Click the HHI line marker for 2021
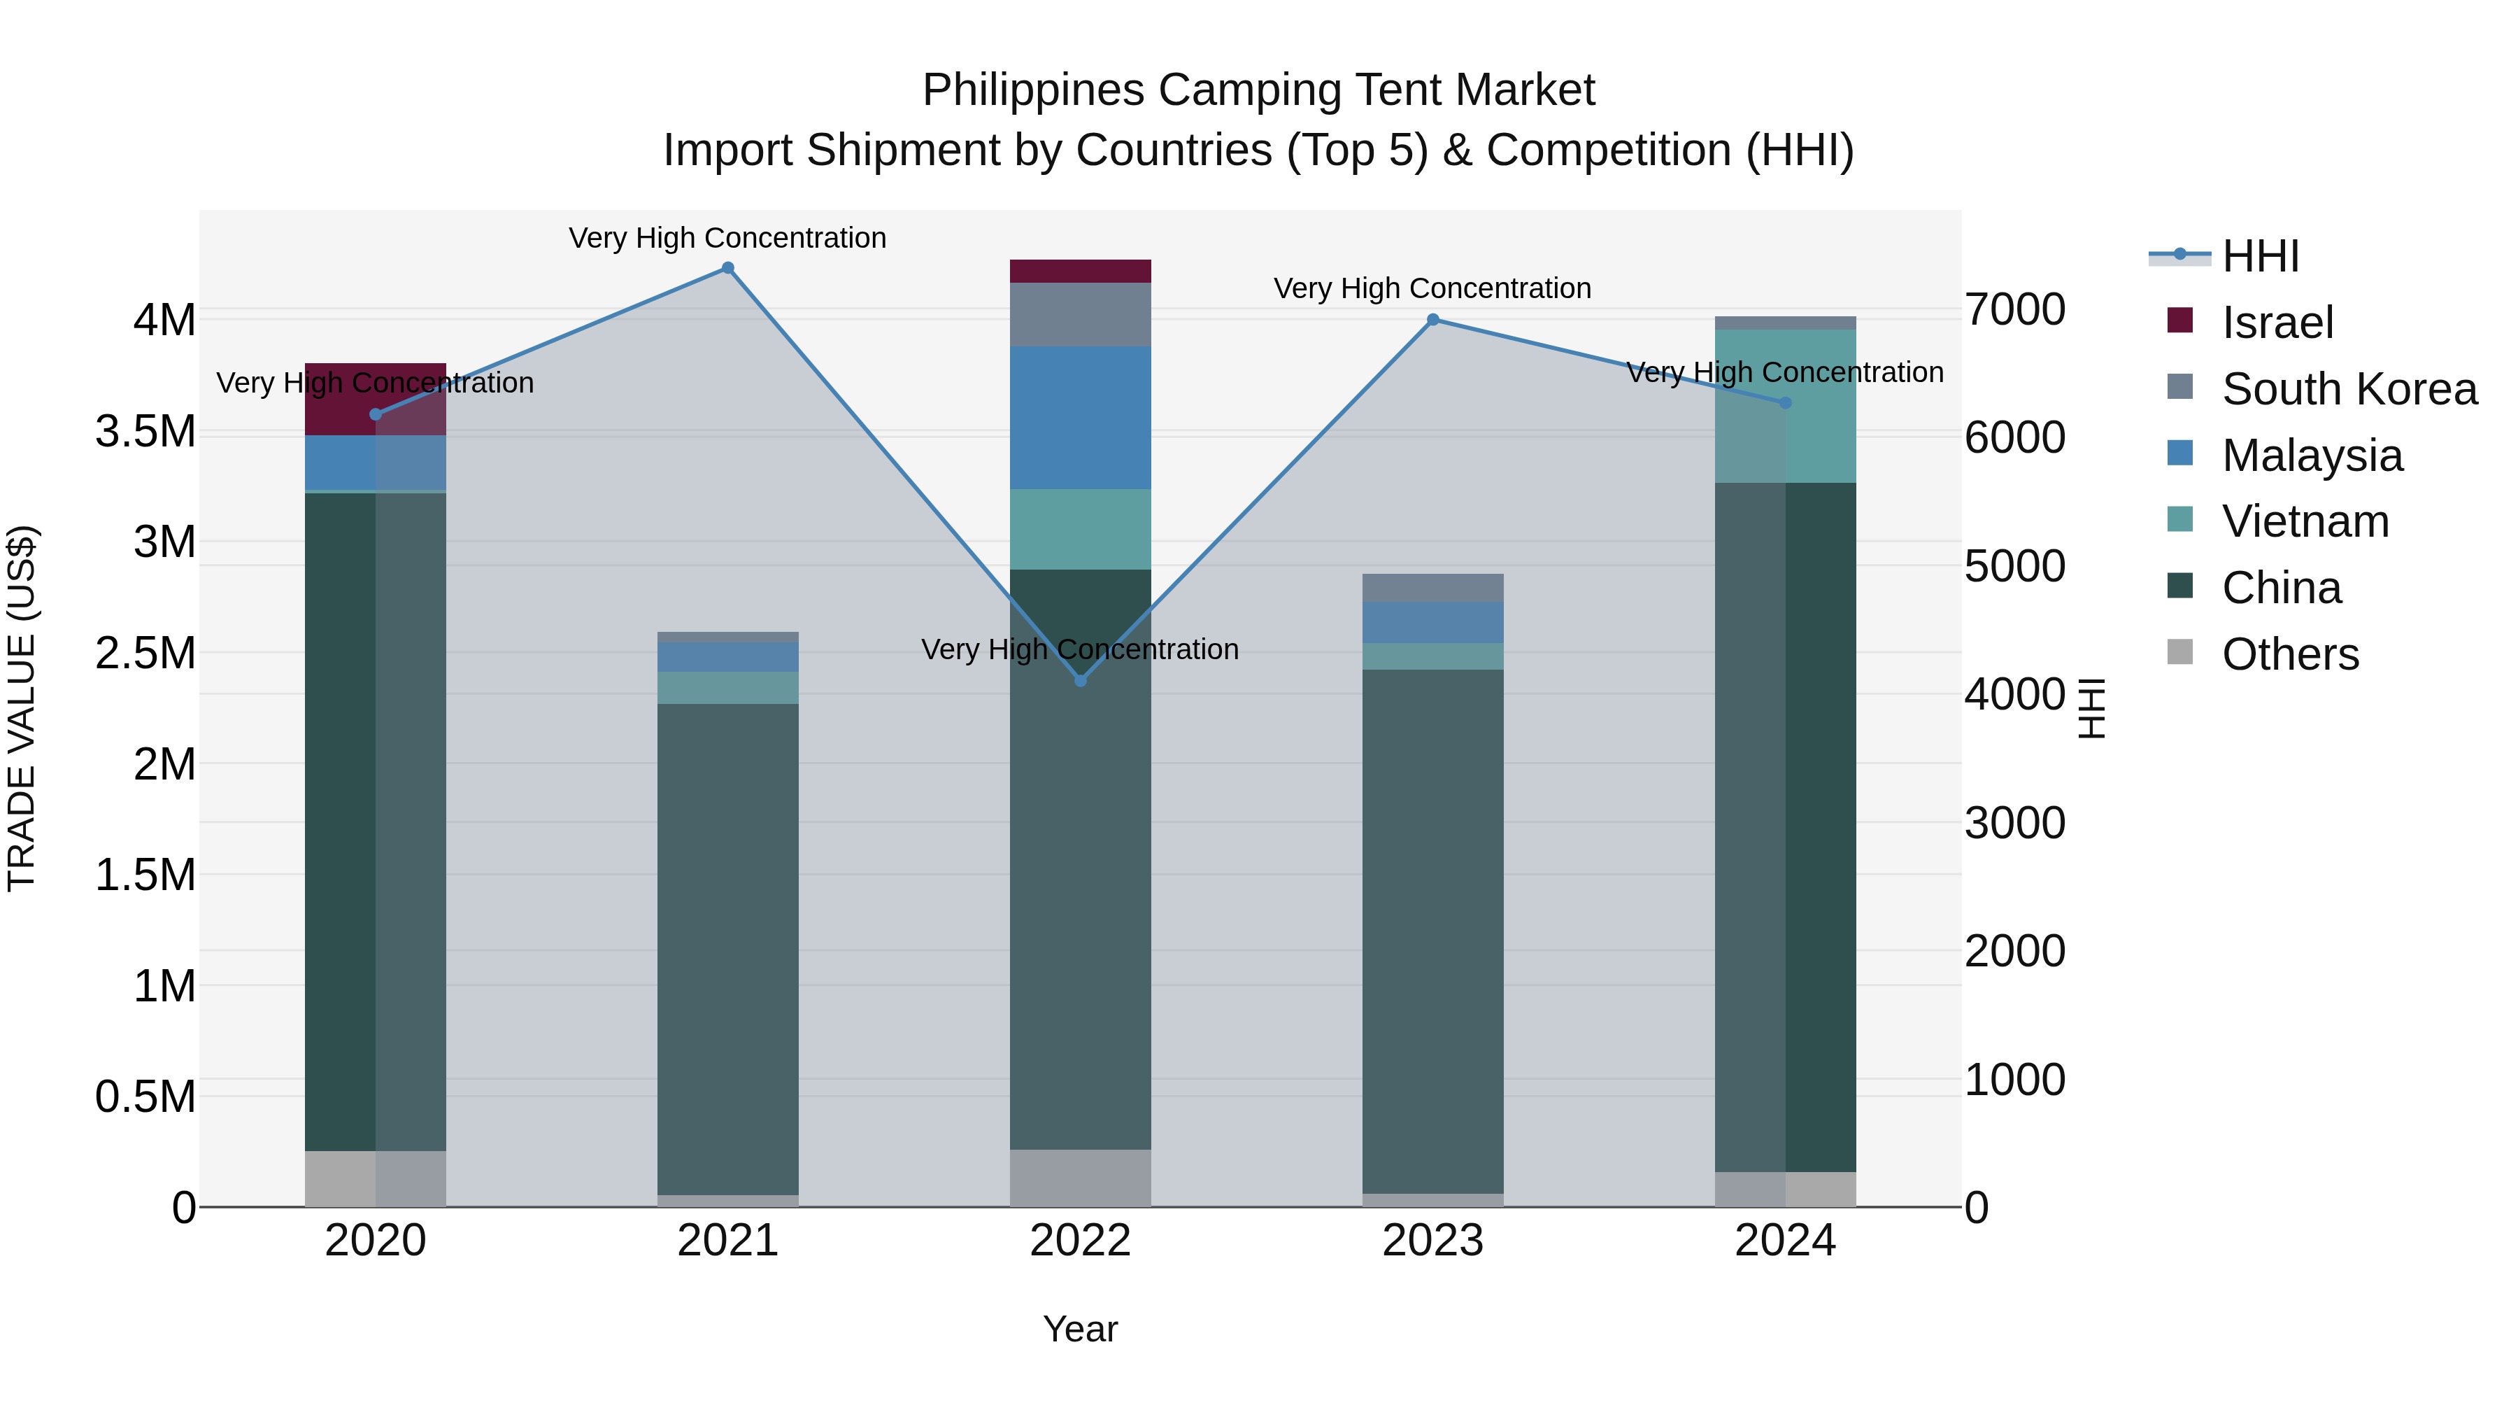[x=727, y=268]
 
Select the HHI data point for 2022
[x=1080, y=681]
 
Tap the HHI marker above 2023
[x=1433, y=320]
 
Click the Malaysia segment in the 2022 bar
[x=1080, y=418]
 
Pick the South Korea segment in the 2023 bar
[x=1433, y=588]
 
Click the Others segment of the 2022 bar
[x=1080, y=1178]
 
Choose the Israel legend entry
[x=2277, y=323]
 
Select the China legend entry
[x=2282, y=588]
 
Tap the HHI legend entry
[x=2260, y=256]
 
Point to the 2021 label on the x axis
[x=727, y=1241]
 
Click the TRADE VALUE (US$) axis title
[x=22, y=708]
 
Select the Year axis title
[x=1080, y=1329]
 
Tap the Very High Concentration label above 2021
[x=727, y=238]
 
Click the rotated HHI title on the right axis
[x=2091, y=708]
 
